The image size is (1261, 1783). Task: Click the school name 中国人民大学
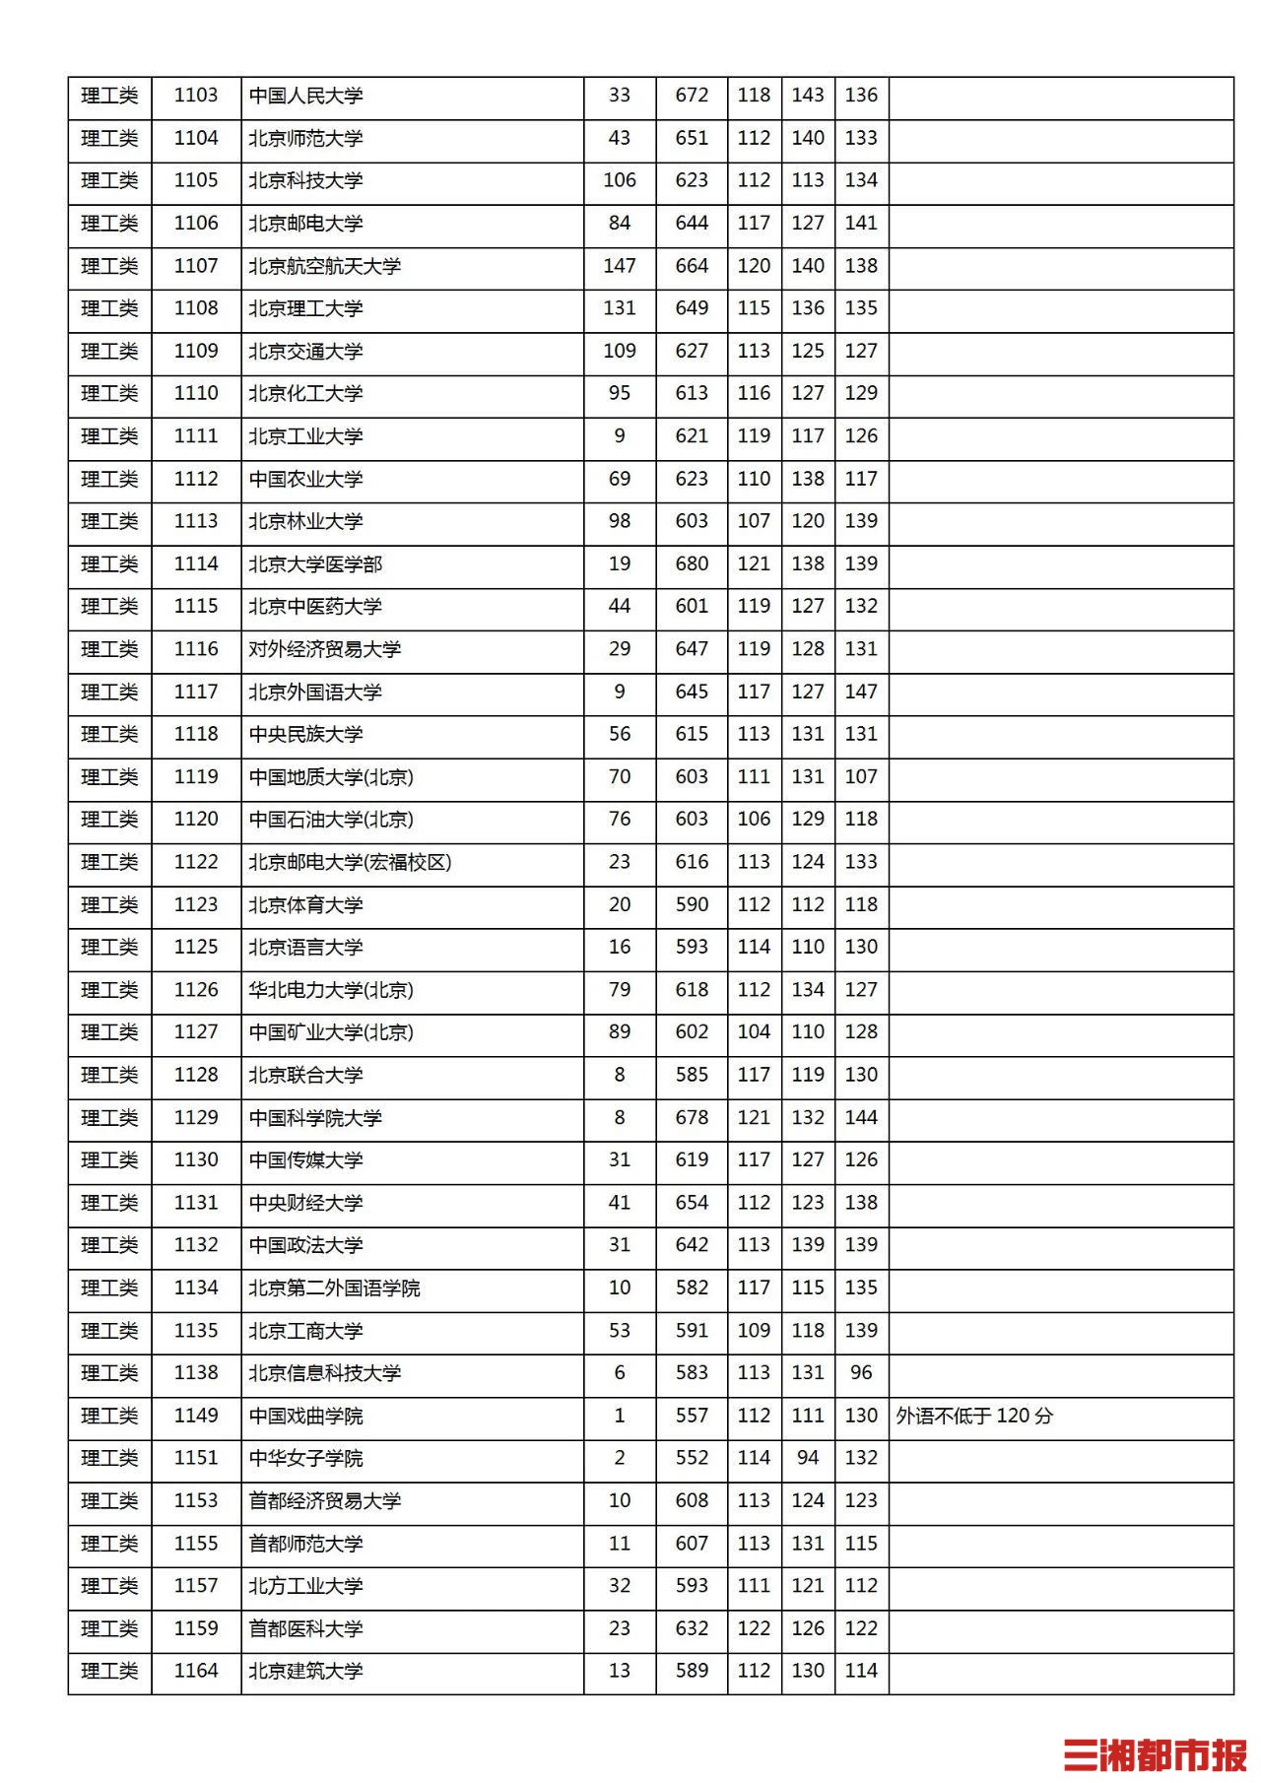(x=305, y=96)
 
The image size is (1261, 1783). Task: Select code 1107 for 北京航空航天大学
(x=196, y=266)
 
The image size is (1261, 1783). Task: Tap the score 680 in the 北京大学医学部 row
(x=692, y=563)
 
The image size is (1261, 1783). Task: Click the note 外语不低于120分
(x=974, y=1416)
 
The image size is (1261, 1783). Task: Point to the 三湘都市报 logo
(x=1155, y=1754)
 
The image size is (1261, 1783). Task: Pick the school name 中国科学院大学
(x=315, y=1118)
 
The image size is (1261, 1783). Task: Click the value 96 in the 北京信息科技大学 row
(x=861, y=1372)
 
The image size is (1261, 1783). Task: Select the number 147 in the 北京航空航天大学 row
(x=620, y=266)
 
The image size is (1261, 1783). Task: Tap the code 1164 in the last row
(x=196, y=1671)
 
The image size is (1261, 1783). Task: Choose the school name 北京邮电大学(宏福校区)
(x=350, y=862)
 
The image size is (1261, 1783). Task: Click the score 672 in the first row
(x=692, y=96)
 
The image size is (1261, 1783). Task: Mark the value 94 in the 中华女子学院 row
(x=808, y=1458)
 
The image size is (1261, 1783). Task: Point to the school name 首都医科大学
(x=305, y=1628)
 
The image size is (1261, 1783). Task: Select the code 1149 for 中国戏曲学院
(x=196, y=1416)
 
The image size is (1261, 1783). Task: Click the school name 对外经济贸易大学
(x=325, y=649)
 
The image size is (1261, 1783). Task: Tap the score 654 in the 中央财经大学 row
(x=692, y=1203)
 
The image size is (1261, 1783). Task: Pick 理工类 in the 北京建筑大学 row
(x=109, y=1671)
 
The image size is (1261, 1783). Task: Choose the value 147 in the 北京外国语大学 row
(x=861, y=692)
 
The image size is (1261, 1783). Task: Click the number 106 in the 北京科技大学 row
(x=620, y=180)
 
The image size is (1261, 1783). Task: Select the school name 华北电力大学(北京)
(x=331, y=990)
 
